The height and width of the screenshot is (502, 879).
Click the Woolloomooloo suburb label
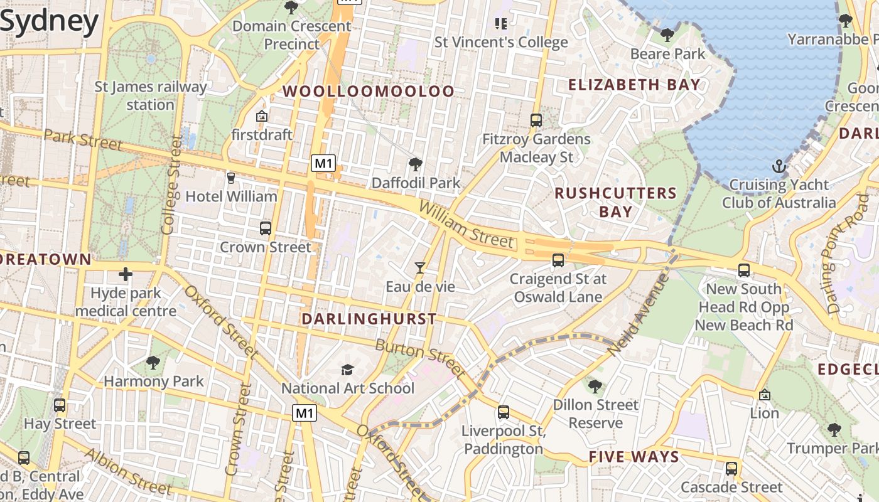(368, 92)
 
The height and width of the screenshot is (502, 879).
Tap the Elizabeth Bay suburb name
(634, 85)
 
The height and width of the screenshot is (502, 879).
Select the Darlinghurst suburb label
(369, 319)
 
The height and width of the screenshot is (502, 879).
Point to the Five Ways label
(634, 457)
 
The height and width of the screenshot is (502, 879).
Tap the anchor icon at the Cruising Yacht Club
(779, 167)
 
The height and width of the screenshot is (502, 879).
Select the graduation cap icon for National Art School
(347, 370)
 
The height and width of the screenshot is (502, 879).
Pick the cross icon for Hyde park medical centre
(126, 274)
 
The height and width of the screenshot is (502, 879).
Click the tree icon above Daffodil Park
(415, 165)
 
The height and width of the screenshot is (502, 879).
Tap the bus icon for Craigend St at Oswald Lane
(558, 260)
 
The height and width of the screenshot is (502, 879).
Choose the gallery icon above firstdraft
(262, 117)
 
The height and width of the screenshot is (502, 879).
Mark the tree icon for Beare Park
(667, 35)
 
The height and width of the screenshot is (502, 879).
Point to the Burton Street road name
(420, 358)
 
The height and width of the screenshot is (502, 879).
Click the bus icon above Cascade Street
(731, 469)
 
